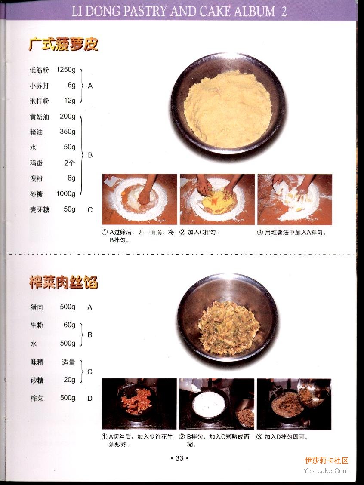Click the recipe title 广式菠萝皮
[63, 44]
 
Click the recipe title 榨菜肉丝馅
[63, 282]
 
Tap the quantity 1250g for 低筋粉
[66, 70]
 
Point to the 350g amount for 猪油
[68, 132]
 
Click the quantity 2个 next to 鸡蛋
[70, 163]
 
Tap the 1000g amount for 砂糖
[66, 193]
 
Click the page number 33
[179, 458]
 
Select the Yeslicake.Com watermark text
[326, 471]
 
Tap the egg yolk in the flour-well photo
[124, 193]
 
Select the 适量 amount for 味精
[68, 362]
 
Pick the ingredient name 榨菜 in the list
[37, 398]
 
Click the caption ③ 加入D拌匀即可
[282, 437]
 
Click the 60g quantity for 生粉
[70, 325]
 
